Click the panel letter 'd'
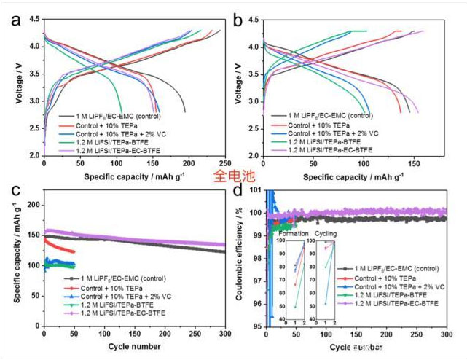pyautogui.click(x=238, y=191)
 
